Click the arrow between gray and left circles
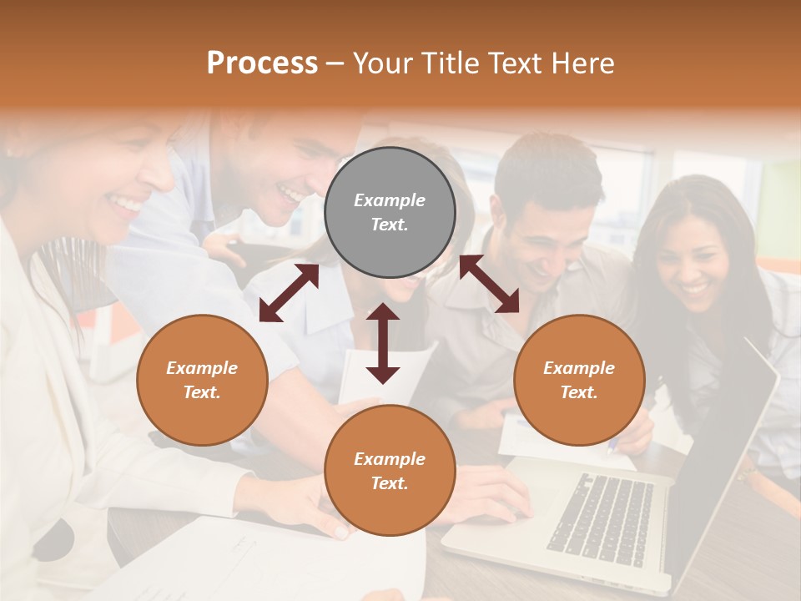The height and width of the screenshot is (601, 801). click(289, 293)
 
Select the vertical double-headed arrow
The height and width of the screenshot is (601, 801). click(383, 343)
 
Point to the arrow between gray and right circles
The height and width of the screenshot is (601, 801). click(489, 284)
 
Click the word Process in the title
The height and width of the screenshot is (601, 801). click(262, 63)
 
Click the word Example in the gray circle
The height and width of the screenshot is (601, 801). click(390, 200)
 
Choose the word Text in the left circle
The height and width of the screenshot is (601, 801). click(202, 392)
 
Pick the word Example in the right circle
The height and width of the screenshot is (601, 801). click(579, 368)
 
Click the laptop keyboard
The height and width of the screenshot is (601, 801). click(601, 518)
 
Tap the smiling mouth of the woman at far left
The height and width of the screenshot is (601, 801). click(128, 203)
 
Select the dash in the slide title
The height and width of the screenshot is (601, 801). click(335, 64)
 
